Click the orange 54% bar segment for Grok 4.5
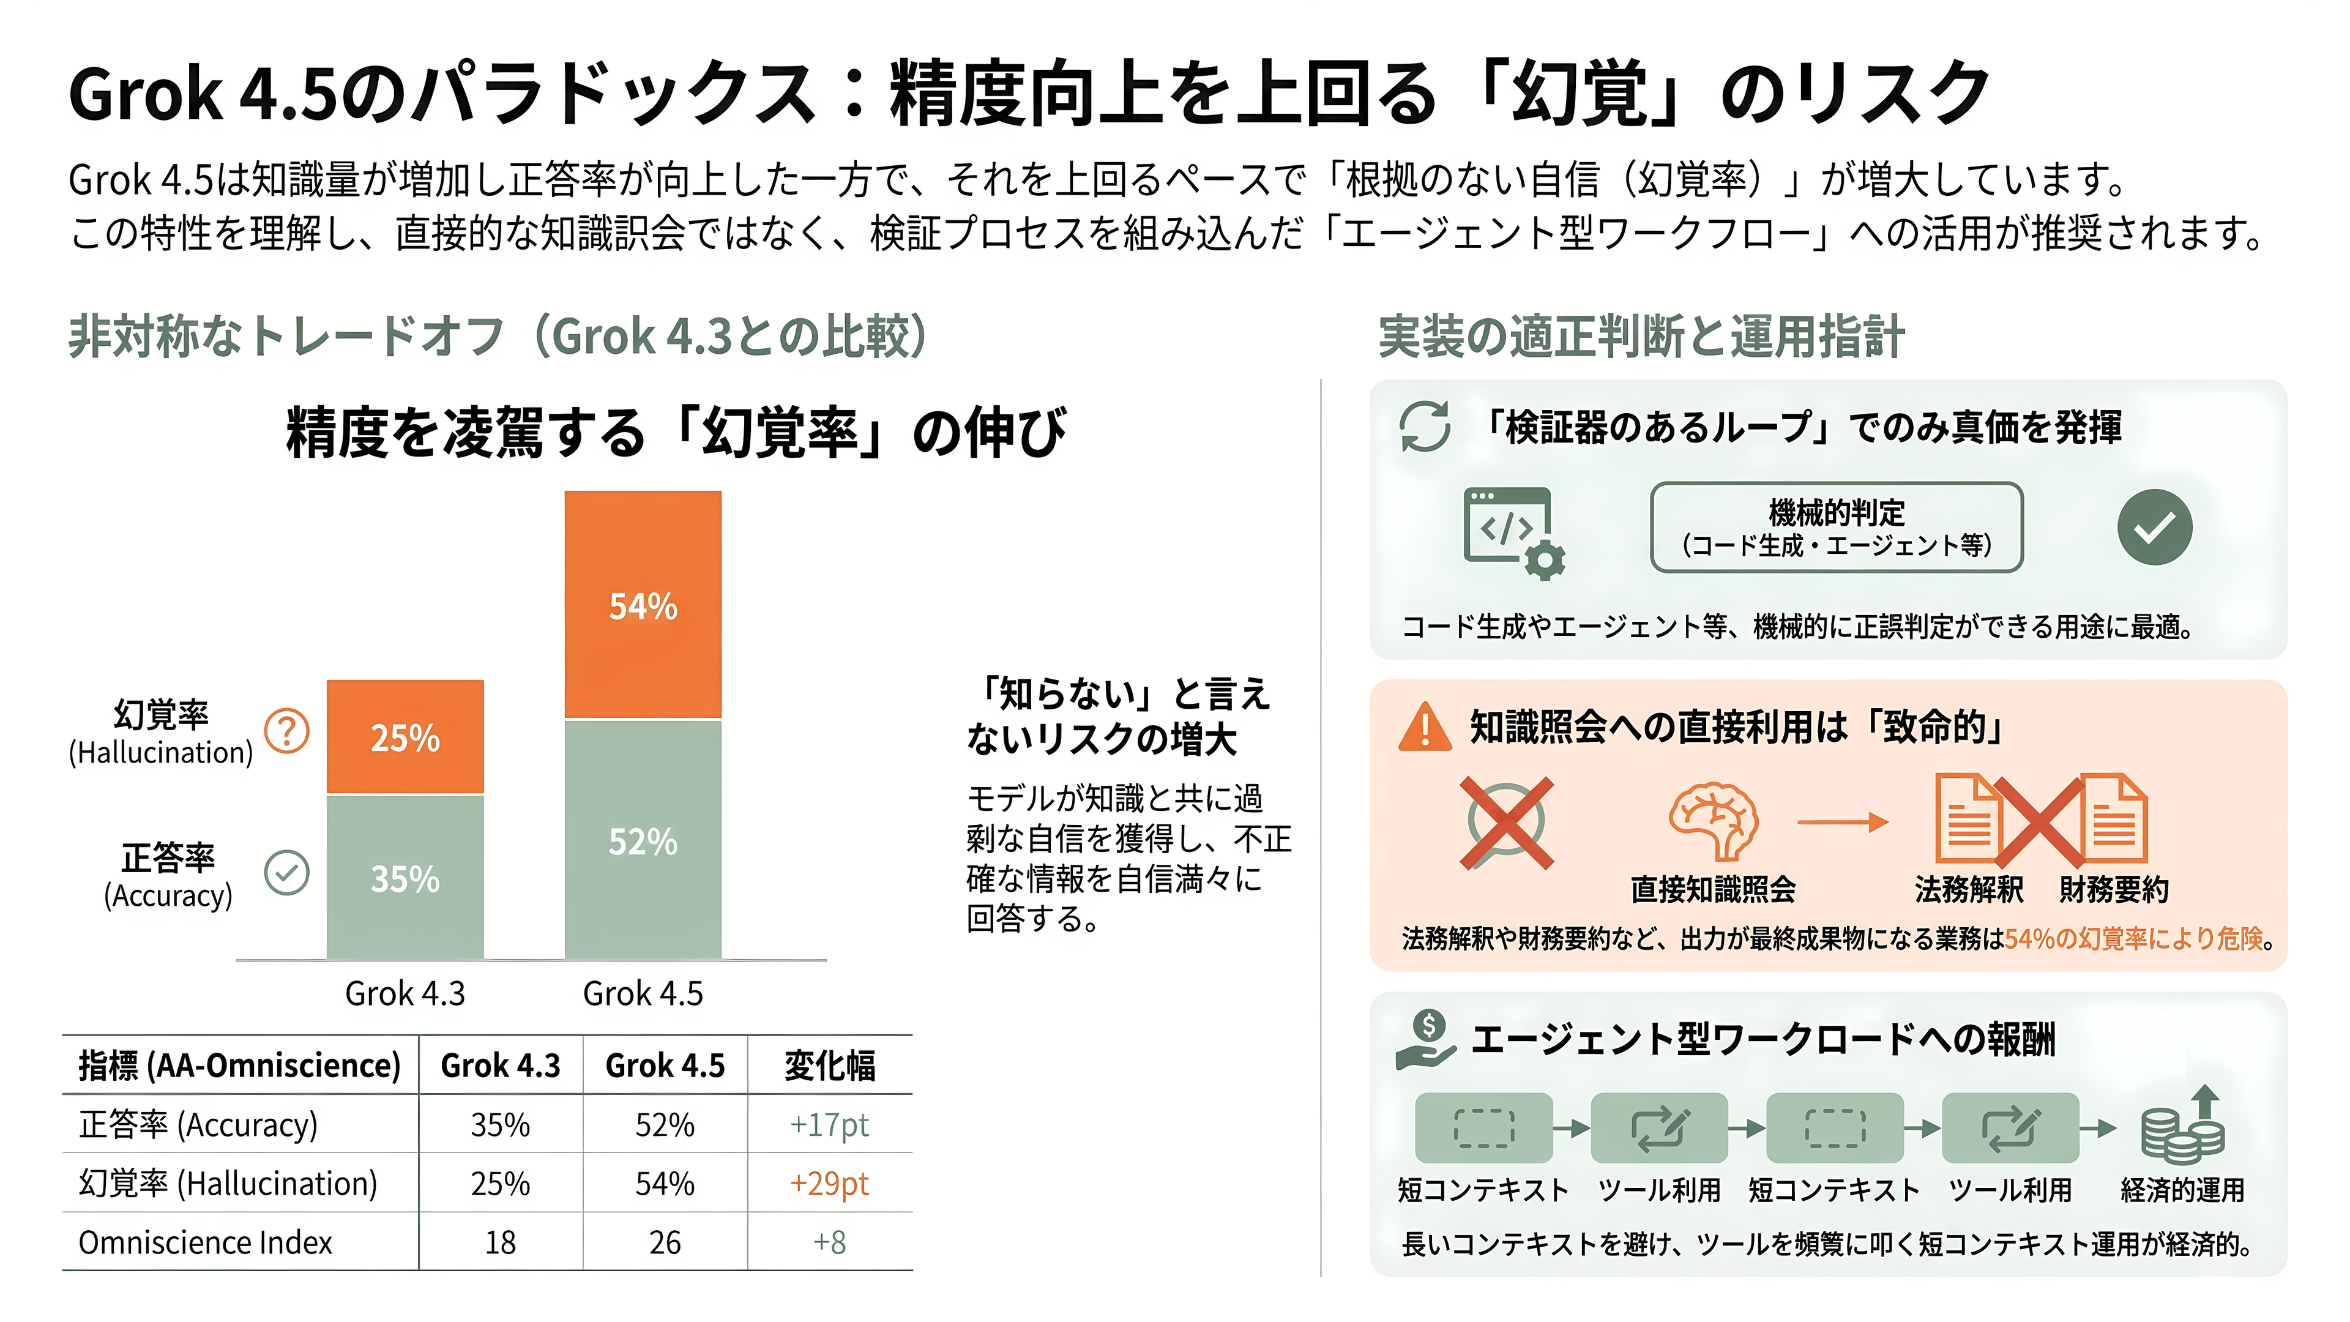tap(643, 605)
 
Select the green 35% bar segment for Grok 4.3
tap(405, 877)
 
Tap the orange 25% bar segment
tap(405, 737)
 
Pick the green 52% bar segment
tap(643, 839)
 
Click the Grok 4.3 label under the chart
tap(405, 993)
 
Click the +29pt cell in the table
tap(829, 1183)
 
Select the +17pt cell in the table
tap(829, 1124)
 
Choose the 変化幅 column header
tap(829, 1065)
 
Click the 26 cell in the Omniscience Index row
tap(665, 1242)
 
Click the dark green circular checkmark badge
tap(2155, 528)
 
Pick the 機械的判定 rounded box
tap(1837, 528)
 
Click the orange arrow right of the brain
tap(1843, 822)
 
